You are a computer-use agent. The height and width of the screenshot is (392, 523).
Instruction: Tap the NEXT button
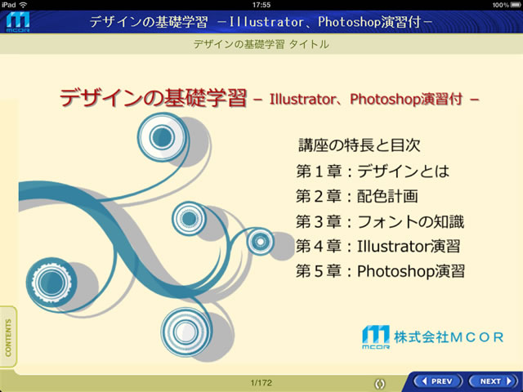495,381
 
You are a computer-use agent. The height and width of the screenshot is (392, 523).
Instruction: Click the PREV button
438,381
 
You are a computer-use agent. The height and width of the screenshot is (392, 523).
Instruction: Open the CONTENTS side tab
8,337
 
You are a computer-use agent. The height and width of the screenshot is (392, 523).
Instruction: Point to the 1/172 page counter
261,383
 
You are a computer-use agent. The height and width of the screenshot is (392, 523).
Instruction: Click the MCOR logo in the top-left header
18,22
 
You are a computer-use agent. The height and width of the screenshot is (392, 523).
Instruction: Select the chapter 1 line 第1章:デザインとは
373,171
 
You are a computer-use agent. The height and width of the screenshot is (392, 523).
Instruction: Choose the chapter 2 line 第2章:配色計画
356,196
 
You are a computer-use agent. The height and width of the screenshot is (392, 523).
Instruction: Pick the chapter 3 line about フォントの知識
380,221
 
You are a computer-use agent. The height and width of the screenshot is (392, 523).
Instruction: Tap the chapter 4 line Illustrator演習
378,247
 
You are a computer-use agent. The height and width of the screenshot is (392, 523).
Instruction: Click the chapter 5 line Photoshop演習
380,271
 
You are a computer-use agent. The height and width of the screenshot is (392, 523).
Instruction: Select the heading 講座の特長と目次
360,145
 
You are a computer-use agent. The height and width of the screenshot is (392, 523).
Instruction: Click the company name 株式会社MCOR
449,337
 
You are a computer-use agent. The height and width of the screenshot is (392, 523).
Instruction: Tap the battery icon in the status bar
515,5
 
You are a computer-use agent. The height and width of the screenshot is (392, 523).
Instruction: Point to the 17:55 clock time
261,5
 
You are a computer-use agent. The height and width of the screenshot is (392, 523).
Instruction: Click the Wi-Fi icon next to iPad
24,5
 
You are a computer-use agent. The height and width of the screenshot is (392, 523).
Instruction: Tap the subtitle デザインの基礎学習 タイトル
261,44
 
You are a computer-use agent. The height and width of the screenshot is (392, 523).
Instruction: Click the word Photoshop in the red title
386,99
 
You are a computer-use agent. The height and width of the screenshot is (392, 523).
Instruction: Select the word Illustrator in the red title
302,99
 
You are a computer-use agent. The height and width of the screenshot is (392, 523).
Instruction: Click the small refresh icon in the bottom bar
379,384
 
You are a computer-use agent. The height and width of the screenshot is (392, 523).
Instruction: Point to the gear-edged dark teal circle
51,283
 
